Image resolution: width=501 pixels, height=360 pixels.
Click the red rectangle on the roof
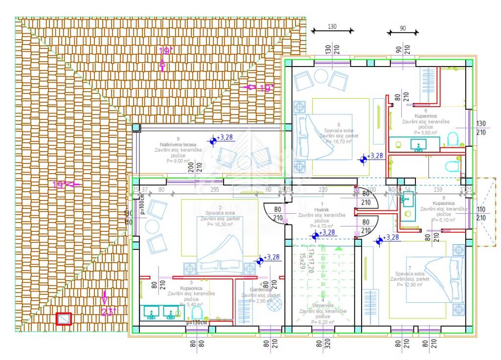click(x=64, y=319)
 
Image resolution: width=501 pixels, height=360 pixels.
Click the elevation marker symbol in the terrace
click(x=213, y=141)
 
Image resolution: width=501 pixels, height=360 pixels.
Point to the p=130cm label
click(x=198, y=323)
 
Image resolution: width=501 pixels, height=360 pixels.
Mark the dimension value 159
click(x=438, y=189)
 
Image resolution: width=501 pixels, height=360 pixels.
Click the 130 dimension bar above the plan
click(x=332, y=30)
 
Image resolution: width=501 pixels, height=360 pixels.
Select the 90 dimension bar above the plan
click(x=403, y=33)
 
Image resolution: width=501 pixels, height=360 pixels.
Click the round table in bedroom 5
click(x=320, y=76)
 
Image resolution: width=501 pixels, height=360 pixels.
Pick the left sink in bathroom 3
click(x=150, y=312)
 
